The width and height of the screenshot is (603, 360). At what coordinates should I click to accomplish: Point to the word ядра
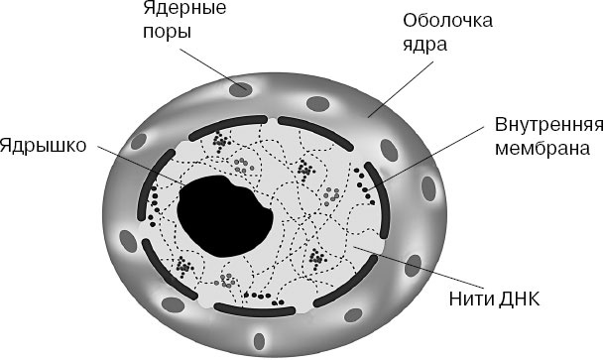[x=439, y=45]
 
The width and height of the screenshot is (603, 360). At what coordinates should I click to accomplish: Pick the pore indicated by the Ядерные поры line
[x=240, y=89]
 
